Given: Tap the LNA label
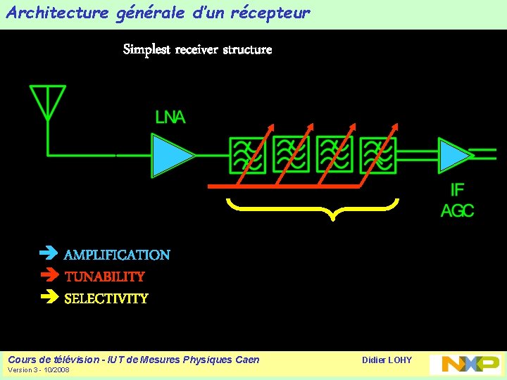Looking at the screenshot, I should click(x=170, y=118).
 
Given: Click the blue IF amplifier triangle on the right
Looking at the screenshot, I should click(x=453, y=156).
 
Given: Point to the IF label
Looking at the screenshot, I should click(x=458, y=190).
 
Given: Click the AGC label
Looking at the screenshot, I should click(x=458, y=210).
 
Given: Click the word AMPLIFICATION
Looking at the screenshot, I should click(x=117, y=255).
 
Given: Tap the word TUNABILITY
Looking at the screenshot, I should click(x=104, y=277).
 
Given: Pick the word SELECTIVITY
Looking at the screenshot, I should click(x=106, y=298).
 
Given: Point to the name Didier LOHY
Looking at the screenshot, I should click(x=387, y=360).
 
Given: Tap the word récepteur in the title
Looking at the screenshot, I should click(x=270, y=13).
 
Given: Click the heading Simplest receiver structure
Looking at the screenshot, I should click(x=197, y=49).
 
